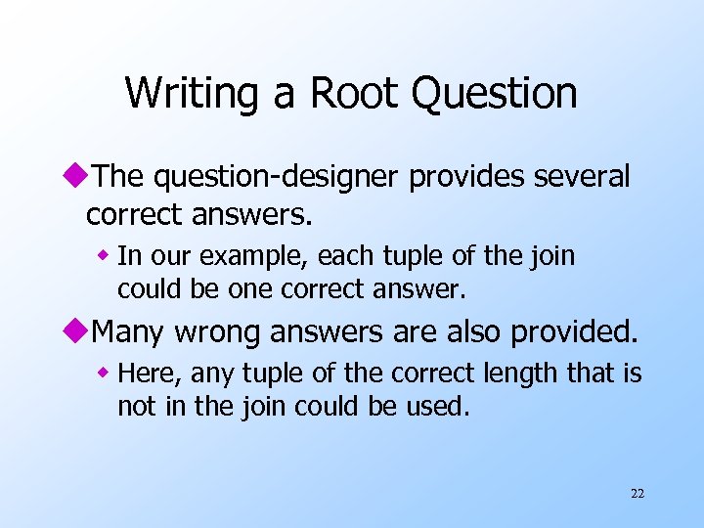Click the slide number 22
tap(638, 494)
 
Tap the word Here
tap(149, 374)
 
